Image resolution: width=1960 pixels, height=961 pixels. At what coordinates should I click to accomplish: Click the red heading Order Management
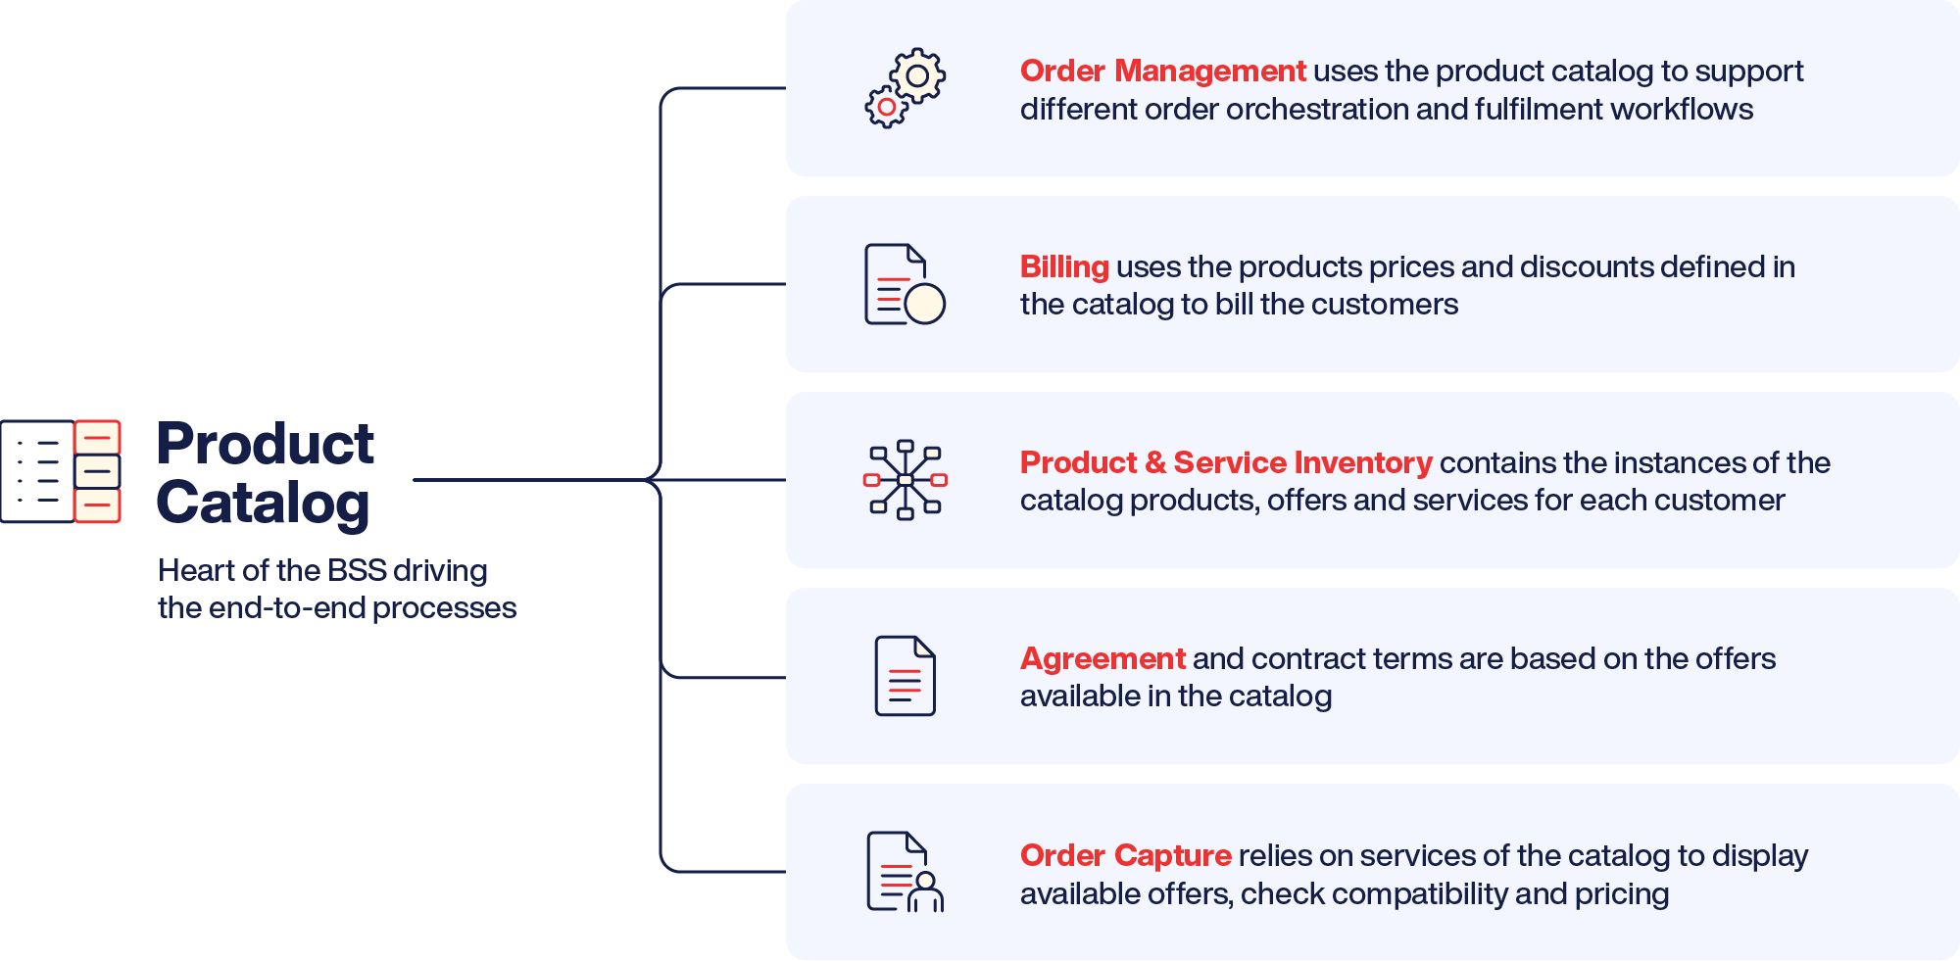(1162, 71)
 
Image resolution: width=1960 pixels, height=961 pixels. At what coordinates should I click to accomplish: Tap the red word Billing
(1064, 266)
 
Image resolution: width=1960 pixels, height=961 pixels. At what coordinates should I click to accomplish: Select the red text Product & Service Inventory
(1226, 462)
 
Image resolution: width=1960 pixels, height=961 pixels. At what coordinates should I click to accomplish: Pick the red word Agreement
(1102, 658)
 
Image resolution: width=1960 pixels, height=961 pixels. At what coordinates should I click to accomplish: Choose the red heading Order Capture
(1125, 855)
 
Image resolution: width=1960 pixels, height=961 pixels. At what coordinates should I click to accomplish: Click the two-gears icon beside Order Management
(905, 88)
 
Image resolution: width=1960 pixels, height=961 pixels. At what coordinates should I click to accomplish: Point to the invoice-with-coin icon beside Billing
(905, 284)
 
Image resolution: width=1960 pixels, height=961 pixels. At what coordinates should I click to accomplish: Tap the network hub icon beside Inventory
(906, 480)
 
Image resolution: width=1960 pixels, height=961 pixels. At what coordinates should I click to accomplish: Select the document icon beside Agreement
(905, 676)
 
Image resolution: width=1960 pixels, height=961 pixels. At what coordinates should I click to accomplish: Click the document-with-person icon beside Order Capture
(905, 872)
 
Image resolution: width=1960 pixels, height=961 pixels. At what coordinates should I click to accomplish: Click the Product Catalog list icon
(61, 471)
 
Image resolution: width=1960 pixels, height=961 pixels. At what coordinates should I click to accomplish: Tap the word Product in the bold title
(266, 444)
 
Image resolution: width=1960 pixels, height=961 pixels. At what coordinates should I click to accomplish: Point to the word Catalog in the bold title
(263, 504)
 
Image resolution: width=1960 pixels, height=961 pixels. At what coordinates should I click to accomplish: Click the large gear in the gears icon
(917, 75)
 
